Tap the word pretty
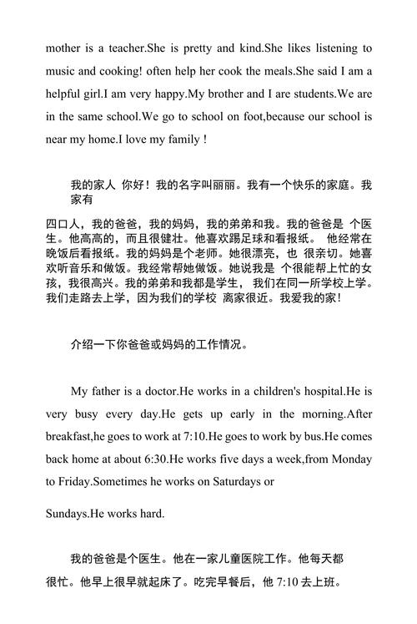(194, 49)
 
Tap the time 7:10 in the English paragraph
(189, 436)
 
